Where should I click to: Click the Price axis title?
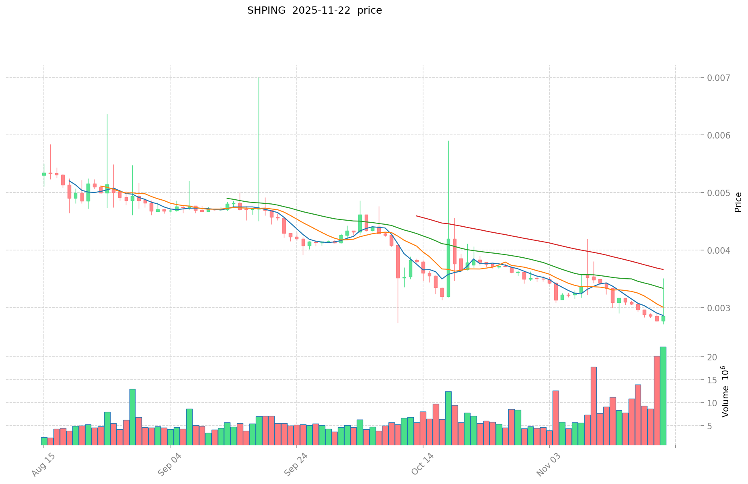pos(738,202)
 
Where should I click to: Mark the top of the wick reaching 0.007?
pos(259,78)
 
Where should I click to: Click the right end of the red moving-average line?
pos(663,269)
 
